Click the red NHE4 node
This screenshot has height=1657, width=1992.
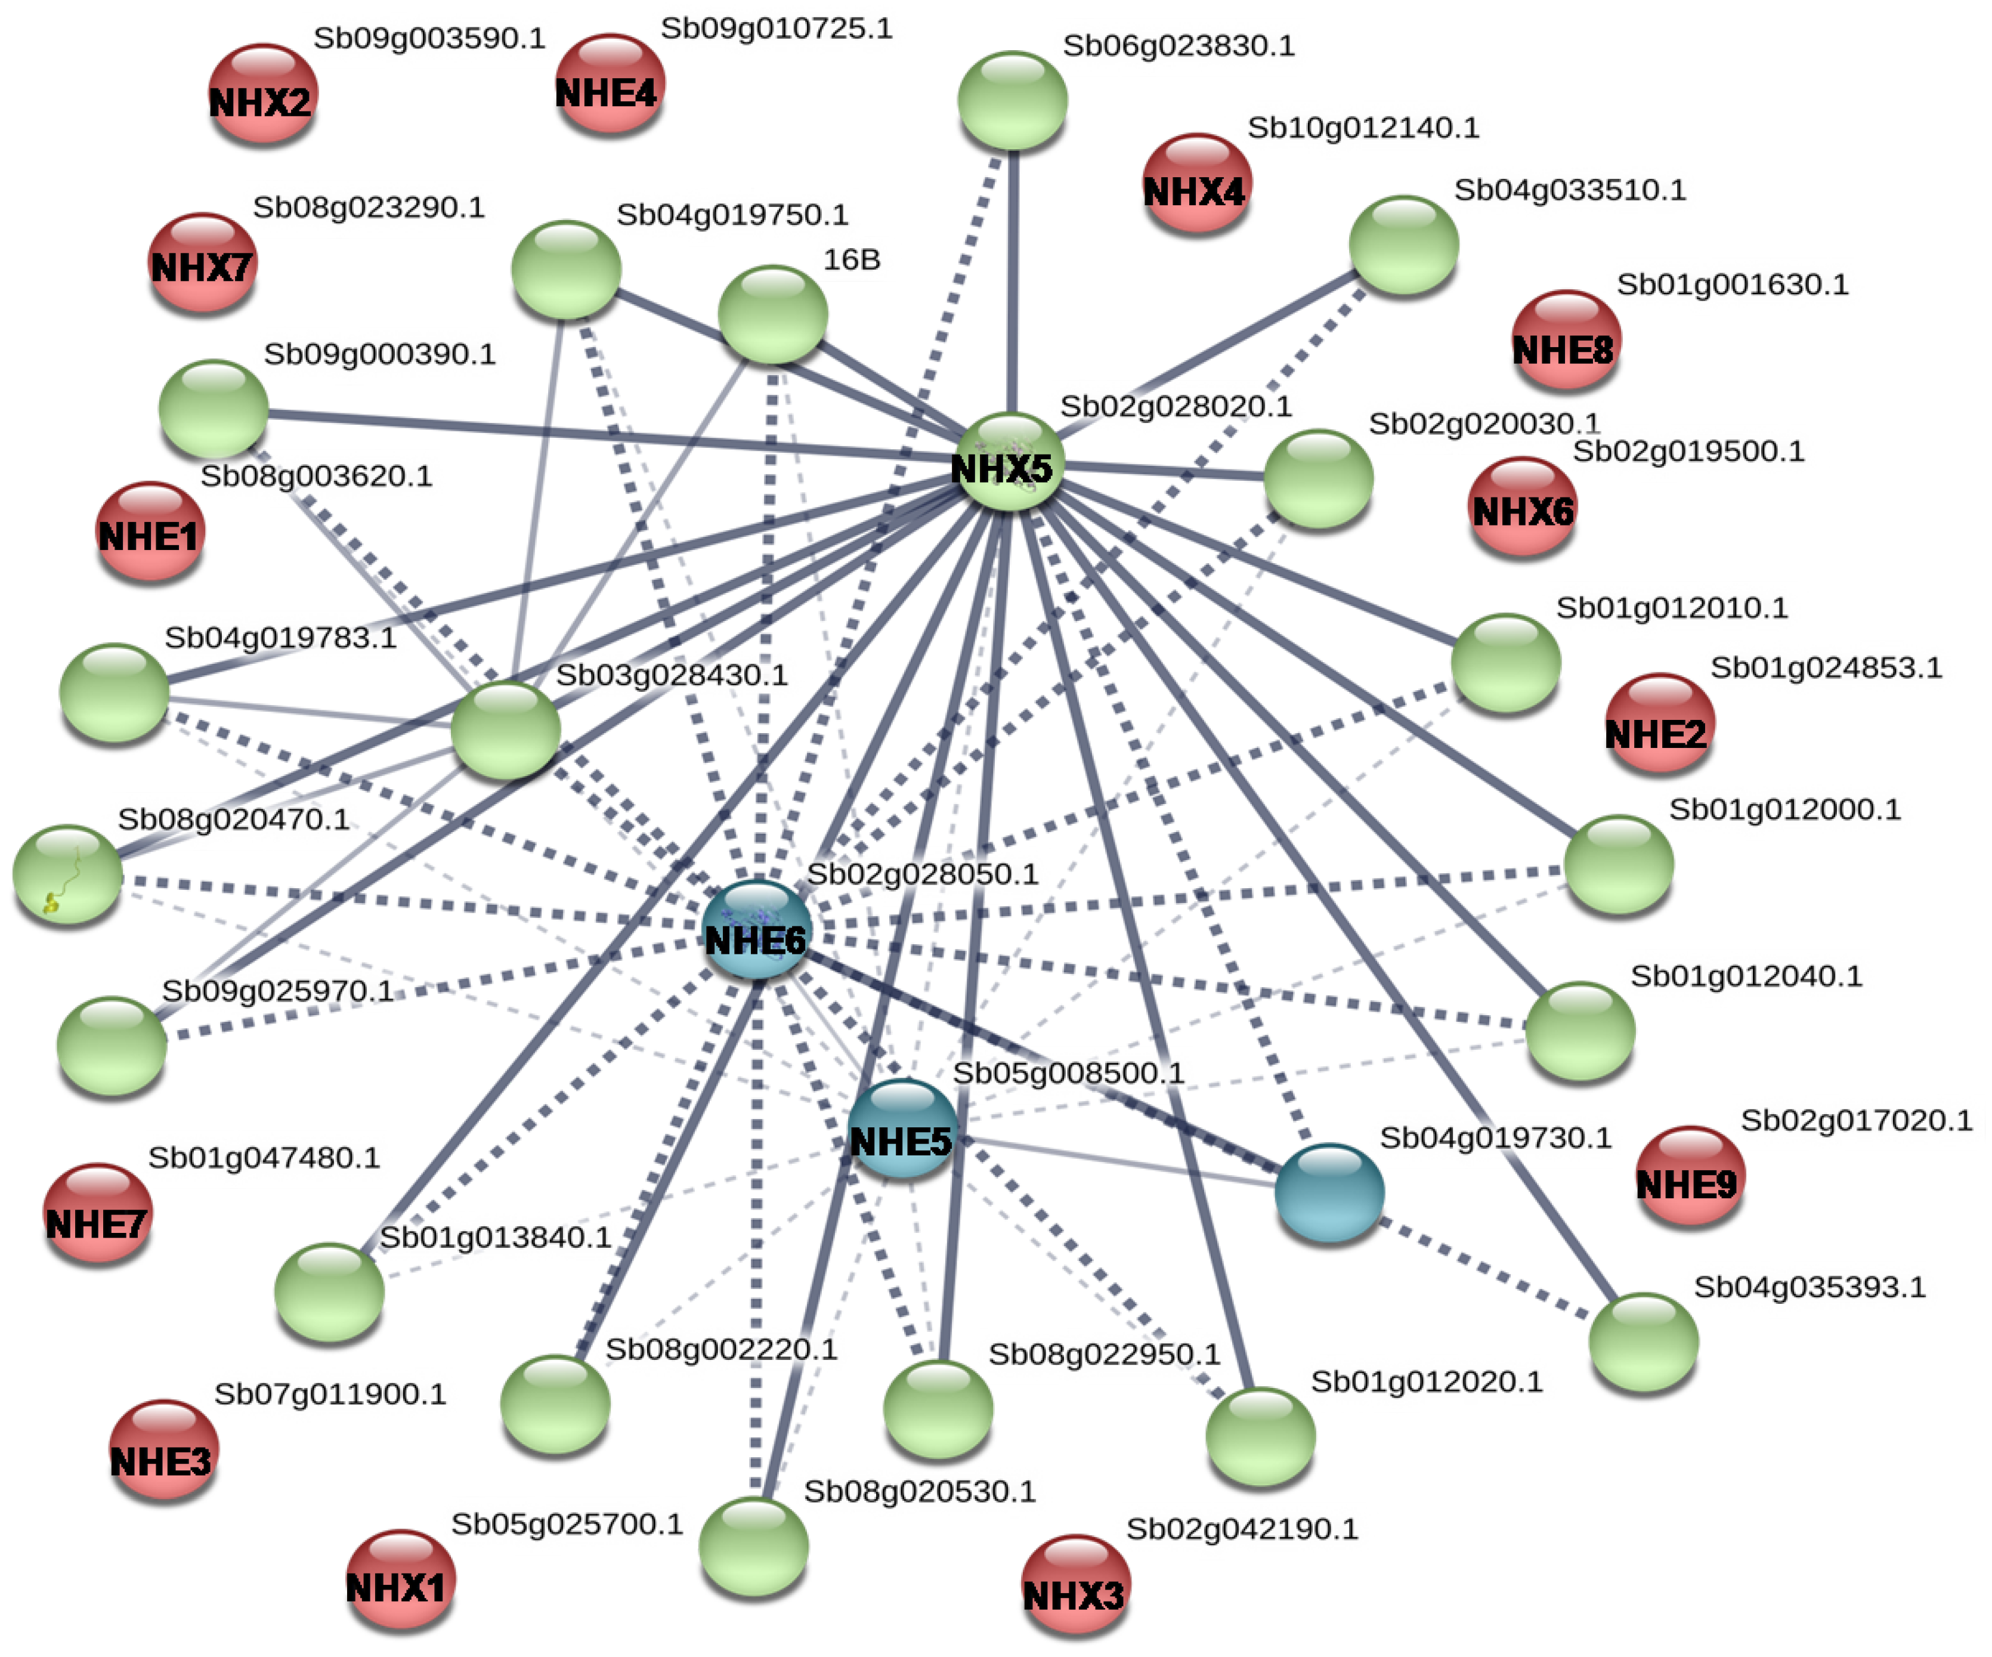(608, 85)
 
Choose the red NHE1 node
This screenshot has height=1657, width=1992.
(149, 532)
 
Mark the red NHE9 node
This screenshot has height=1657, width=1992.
(1690, 1177)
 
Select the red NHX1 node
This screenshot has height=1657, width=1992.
(400, 1580)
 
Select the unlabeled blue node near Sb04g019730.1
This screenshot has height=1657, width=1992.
(1329, 1193)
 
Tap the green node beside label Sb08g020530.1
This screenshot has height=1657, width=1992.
(754, 1547)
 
